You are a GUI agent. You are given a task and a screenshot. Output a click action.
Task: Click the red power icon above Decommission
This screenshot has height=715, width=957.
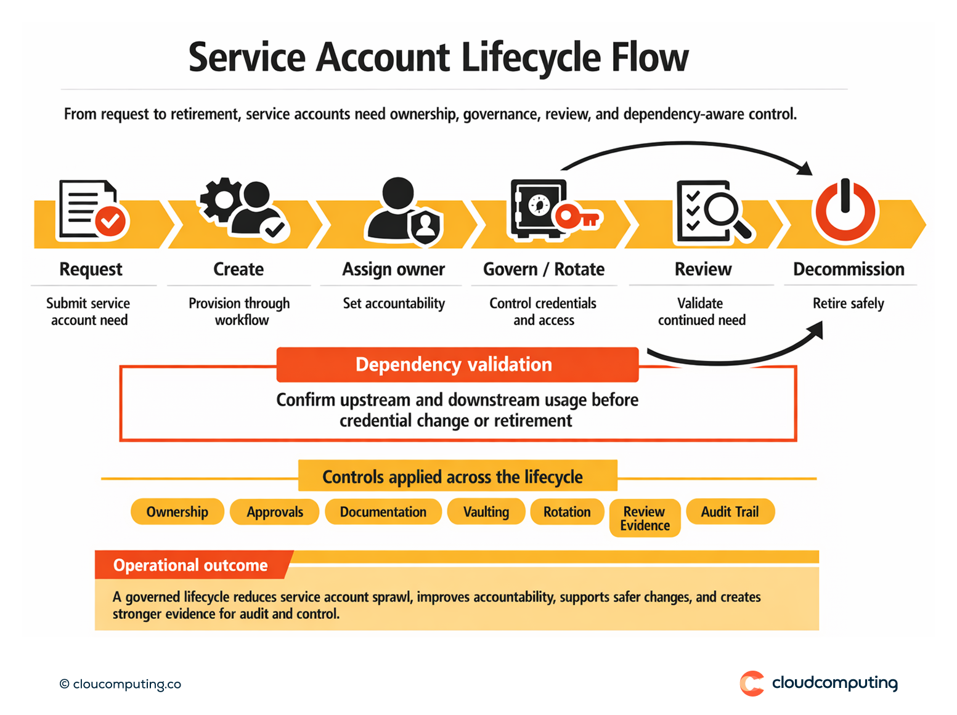pyautogui.click(x=845, y=211)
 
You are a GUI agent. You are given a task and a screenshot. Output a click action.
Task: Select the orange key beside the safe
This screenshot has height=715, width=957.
pyautogui.click(x=577, y=217)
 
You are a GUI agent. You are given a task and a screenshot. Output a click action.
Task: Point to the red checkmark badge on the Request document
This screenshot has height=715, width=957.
pyautogui.click(x=111, y=220)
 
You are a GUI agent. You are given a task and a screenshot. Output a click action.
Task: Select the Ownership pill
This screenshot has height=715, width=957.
pyautogui.click(x=177, y=512)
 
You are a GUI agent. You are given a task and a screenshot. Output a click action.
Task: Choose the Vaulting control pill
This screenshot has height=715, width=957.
pyautogui.click(x=486, y=512)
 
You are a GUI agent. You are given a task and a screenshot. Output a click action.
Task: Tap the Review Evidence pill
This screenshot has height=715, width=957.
pyautogui.click(x=645, y=518)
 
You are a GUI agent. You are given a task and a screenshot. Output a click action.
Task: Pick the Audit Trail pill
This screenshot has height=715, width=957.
pyautogui.click(x=730, y=512)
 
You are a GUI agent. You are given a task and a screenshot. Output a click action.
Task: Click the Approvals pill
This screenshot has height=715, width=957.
pyautogui.click(x=275, y=512)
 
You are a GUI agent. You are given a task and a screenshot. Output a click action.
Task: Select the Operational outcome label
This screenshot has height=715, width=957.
pyautogui.click(x=190, y=565)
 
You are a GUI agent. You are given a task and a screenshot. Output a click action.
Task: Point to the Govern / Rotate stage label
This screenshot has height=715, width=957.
pyautogui.click(x=544, y=269)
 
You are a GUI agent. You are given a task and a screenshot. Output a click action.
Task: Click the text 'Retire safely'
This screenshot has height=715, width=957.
pyautogui.click(x=848, y=304)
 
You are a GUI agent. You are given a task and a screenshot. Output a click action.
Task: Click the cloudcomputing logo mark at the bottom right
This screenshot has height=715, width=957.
pyautogui.click(x=752, y=684)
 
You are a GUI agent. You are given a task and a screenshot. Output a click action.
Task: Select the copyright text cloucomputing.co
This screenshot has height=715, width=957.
pyautogui.click(x=121, y=684)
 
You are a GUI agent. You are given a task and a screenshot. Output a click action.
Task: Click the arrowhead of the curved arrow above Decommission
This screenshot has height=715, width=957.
pyautogui.click(x=805, y=168)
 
